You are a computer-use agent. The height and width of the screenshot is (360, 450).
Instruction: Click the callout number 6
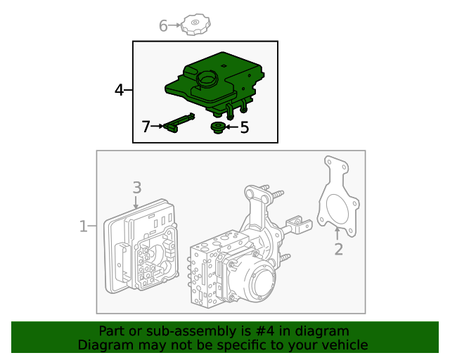163,26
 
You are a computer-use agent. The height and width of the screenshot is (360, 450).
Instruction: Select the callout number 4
120,89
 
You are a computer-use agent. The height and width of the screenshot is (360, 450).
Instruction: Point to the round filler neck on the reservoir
207,78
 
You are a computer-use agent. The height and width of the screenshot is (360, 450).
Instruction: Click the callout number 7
146,127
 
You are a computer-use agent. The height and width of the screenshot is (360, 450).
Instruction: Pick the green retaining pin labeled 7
179,122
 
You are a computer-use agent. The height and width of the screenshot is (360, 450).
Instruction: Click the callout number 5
245,127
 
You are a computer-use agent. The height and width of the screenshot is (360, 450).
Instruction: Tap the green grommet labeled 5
218,127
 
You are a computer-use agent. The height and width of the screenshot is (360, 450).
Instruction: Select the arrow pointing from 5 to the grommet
231,127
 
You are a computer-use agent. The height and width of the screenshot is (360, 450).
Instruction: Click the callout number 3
137,187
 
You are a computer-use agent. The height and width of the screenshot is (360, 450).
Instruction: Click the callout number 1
83,226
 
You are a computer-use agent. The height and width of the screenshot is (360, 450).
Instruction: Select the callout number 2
338,249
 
